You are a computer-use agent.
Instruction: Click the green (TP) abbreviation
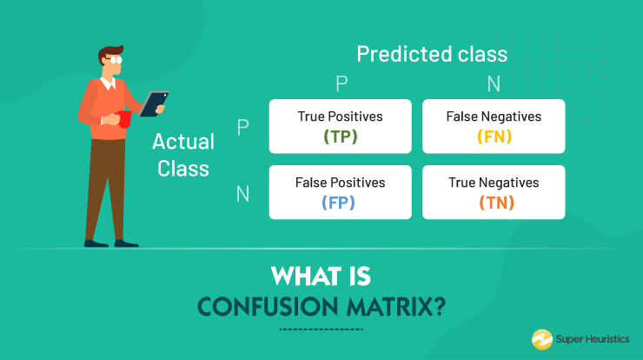point(340,137)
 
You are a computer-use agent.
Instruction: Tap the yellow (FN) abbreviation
point(494,137)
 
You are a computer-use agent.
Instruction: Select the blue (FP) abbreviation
point(340,203)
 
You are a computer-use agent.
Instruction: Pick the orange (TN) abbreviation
point(494,203)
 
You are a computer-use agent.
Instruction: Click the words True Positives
point(340,117)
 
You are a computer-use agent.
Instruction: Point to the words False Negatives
point(494,117)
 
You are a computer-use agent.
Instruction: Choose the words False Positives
point(340,183)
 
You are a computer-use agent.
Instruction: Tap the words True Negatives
point(494,183)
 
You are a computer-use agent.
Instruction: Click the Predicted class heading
point(432,54)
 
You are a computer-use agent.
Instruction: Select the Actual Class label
point(183,154)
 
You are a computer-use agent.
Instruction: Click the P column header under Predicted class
point(341,83)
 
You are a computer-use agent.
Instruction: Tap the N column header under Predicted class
point(494,83)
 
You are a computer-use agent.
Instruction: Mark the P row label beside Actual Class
point(242,127)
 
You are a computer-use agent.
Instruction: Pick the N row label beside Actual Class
point(242,193)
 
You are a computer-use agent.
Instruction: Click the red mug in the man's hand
point(125,118)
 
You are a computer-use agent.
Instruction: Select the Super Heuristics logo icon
point(541,339)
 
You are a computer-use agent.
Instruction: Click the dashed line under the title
point(321,330)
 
